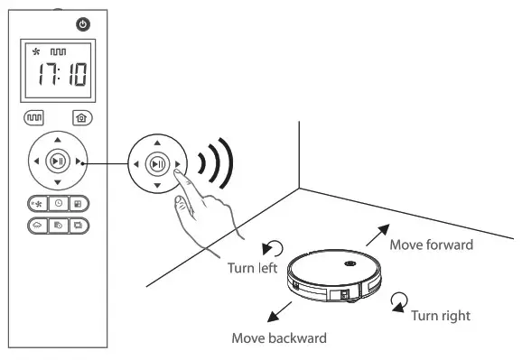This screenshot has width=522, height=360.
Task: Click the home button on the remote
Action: click(81, 117)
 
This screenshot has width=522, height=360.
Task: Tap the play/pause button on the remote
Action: click(57, 161)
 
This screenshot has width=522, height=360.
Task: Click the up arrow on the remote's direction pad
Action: click(57, 141)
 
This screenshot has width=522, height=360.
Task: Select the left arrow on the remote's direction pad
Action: click(36, 162)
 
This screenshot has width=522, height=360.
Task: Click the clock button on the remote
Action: click(58, 203)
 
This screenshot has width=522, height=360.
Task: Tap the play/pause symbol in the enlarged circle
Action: click(157, 164)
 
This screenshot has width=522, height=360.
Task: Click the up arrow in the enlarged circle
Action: click(157, 143)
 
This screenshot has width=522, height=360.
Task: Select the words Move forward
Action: click(431, 245)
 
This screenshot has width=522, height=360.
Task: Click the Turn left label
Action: click(250, 269)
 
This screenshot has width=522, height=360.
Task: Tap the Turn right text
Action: click(440, 316)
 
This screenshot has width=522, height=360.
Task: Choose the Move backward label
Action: click(278, 338)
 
